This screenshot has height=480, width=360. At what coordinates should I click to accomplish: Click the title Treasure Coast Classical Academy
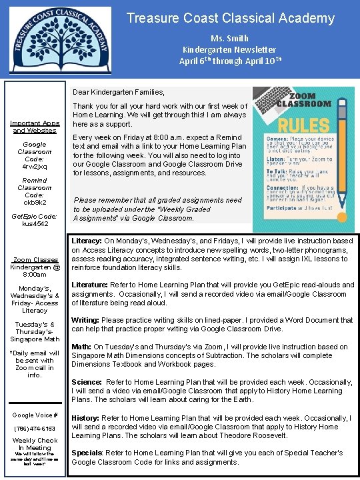click(230, 18)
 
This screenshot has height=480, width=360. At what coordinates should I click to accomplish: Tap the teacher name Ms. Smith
click(229, 38)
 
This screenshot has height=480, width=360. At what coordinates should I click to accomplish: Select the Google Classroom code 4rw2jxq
click(35, 167)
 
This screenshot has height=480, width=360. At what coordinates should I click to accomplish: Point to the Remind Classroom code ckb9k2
click(35, 201)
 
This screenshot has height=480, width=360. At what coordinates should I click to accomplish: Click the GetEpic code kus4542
click(35, 224)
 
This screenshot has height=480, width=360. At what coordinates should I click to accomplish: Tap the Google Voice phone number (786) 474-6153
click(35, 429)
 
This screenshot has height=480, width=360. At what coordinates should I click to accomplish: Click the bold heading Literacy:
click(86, 241)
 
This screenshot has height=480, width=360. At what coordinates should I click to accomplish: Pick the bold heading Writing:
click(85, 320)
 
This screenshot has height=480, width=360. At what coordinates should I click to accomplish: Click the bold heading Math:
click(81, 347)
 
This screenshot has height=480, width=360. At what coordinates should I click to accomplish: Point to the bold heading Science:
click(87, 383)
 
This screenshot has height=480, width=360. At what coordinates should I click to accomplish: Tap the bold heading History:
click(86, 418)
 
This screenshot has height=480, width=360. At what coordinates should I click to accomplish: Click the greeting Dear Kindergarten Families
click(118, 92)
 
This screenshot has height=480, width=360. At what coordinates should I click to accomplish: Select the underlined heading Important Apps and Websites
click(35, 127)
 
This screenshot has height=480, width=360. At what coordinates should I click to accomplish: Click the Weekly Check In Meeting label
click(35, 444)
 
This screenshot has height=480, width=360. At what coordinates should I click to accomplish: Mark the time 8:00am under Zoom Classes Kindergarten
click(35, 274)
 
